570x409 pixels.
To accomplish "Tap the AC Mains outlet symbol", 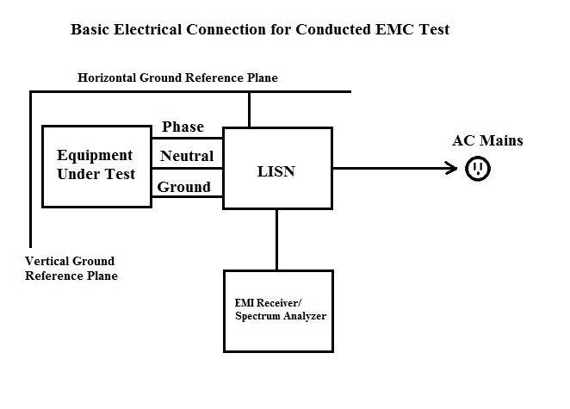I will coord(477,169).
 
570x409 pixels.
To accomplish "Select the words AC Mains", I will coord(487,140).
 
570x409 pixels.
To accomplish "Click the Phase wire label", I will coord(183,127).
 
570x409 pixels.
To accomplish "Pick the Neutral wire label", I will coord(185,157).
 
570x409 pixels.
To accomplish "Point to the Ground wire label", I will coord(184,187).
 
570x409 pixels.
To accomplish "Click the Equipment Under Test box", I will coord(96,165).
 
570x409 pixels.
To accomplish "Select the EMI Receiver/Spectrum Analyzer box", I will coord(277,310).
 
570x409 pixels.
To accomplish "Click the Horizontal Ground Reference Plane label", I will coord(177,77).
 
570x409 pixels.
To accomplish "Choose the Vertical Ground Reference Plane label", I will coord(71,268).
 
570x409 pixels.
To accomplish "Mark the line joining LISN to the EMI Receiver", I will coord(277,239).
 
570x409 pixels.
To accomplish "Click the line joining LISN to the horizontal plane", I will coord(249,108).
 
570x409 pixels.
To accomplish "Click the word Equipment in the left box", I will coord(95,156).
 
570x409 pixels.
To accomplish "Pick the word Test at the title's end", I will coord(433,30).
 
